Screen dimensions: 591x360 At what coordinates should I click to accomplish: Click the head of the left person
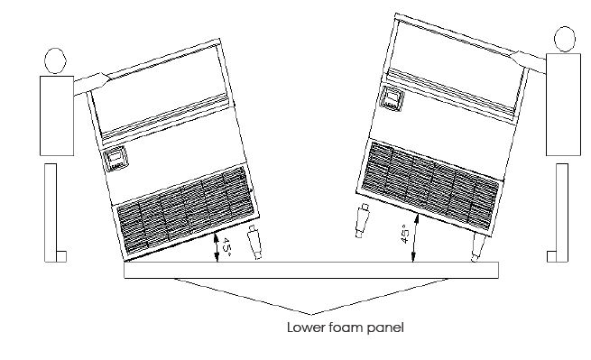click(55, 60)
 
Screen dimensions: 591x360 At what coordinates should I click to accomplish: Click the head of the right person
click(565, 39)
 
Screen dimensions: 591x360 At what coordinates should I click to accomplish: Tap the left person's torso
click(57, 115)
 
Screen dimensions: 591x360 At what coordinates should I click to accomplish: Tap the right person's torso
click(563, 104)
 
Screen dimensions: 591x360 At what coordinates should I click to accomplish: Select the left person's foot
click(61, 256)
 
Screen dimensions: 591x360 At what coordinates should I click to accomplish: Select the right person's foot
click(551, 256)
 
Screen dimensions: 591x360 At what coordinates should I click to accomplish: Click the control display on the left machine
click(115, 158)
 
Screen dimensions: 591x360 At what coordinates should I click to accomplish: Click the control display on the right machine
click(392, 98)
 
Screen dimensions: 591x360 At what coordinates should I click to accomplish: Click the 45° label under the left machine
click(226, 247)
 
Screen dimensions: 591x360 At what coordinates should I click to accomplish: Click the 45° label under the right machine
click(404, 234)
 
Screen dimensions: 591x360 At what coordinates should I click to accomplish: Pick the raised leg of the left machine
click(254, 242)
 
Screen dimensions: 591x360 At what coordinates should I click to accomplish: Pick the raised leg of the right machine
click(362, 221)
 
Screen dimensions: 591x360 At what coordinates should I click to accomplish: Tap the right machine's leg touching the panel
click(477, 246)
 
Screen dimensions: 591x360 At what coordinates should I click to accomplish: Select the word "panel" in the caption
click(385, 328)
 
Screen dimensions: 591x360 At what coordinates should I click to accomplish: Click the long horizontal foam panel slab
click(311, 270)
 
